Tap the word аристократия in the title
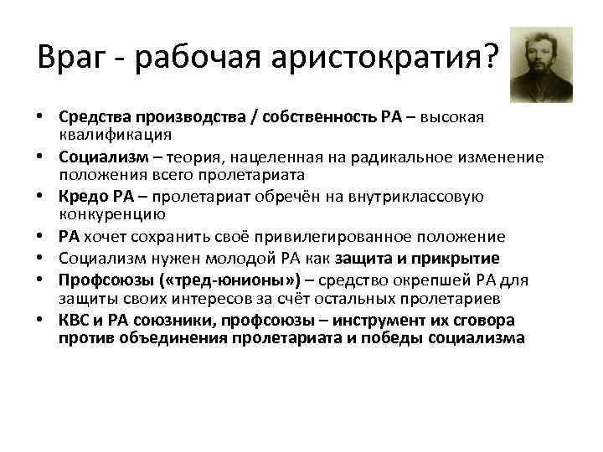(380, 58)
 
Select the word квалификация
(116, 134)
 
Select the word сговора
(487, 321)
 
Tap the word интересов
(173, 297)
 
